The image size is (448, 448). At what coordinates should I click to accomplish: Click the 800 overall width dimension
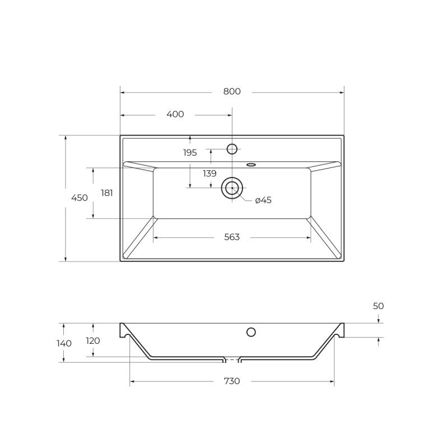(231, 92)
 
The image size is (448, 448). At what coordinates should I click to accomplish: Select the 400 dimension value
(175, 114)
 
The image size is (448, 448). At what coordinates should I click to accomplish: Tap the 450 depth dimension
(80, 198)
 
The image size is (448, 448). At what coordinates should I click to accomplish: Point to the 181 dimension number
(107, 193)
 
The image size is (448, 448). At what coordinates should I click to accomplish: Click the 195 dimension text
(190, 152)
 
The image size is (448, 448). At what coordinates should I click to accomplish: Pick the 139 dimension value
(209, 174)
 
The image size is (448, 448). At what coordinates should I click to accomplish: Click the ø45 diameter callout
(263, 200)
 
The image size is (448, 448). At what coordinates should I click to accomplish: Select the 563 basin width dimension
(232, 237)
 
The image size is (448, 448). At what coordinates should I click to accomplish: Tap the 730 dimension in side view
(232, 381)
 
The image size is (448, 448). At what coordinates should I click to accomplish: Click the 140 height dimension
(64, 343)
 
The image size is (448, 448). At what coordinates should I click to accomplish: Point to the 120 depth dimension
(93, 340)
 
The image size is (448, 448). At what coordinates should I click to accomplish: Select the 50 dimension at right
(379, 306)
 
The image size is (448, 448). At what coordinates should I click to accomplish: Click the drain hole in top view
(232, 188)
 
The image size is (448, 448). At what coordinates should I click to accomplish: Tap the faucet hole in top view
(232, 148)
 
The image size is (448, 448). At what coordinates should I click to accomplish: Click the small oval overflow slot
(251, 165)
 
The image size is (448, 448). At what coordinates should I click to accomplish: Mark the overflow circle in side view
(251, 332)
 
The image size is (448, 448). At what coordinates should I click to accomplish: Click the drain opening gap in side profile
(232, 358)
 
